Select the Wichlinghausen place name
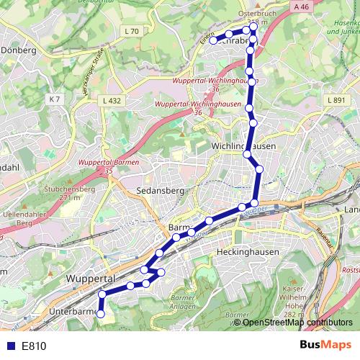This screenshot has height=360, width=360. (245, 145)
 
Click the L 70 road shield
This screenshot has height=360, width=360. (131, 31)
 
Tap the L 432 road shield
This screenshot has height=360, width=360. (112, 102)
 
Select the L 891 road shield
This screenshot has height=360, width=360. (336, 101)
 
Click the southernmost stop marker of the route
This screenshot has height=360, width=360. (101, 314)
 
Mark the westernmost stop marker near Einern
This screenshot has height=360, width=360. (214, 40)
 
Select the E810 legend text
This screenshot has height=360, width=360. (34, 346)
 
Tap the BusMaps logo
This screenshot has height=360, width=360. (326, 345)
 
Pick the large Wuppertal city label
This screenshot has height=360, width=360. (91, 278)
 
